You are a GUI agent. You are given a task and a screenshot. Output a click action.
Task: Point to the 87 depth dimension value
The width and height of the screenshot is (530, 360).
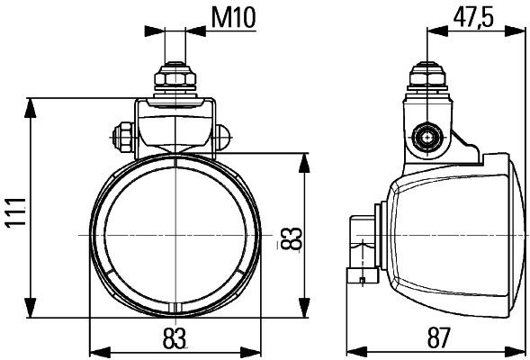pyautogui.click(x=437, y=338)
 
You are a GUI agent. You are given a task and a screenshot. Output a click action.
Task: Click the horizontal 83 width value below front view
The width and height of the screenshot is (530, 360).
pyautogui.click(x=175, y=338)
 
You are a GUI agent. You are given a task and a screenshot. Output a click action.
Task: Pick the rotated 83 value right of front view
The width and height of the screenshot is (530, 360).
pyautogui.click(x=290, y=238)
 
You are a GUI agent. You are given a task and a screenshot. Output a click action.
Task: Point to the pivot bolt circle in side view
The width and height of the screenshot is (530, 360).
pyautogui.click(x=426, y=139)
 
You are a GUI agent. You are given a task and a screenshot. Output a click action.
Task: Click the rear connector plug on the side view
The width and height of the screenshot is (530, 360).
pyautogui.click(x=362, y=247)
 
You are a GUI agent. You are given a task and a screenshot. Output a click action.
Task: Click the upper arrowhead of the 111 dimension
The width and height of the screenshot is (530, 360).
pyautogui.click(x=33, y=102)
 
